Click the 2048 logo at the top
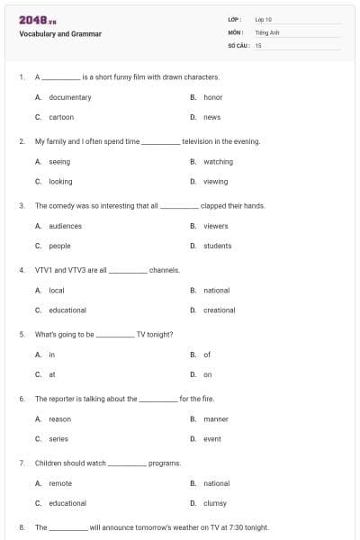(x=38, y=19)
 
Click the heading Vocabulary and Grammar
(x=60, y=34)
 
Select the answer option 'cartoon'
(x=61, y=117)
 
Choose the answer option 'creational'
(x=219, y=310)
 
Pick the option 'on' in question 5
(x=208, y=374)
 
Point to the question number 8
(x=21, y=527)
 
